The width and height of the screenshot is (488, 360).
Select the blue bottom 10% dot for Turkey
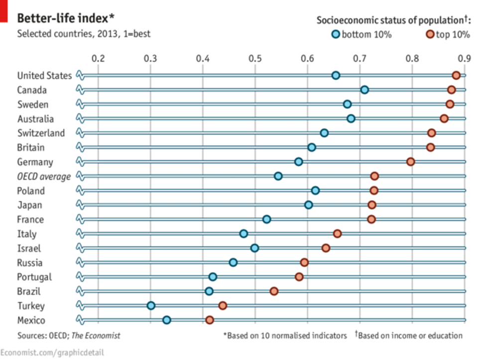[x=151, y=306]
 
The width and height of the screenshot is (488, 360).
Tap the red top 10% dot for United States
[x=456, y=75]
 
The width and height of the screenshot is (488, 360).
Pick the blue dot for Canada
[x=365, y=90]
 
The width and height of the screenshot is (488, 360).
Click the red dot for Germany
[x=410, y=162]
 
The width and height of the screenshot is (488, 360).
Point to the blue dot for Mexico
[x=167, y=320]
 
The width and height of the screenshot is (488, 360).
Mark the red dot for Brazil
[x=274, y=291]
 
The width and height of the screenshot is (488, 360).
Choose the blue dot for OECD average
[x=278, y=176]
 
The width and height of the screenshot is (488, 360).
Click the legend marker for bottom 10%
[x=336, y=34]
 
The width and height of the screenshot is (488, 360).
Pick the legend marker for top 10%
[x=430, y=34]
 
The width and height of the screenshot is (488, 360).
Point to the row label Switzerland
[x=41, y=133]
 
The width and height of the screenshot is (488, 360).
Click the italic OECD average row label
[x=44, y=177]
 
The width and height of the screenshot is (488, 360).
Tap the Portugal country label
[x=34, y=277]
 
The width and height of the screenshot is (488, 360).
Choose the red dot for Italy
[x=337, y=234]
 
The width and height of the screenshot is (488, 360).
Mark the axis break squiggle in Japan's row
[x=80, y=205]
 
